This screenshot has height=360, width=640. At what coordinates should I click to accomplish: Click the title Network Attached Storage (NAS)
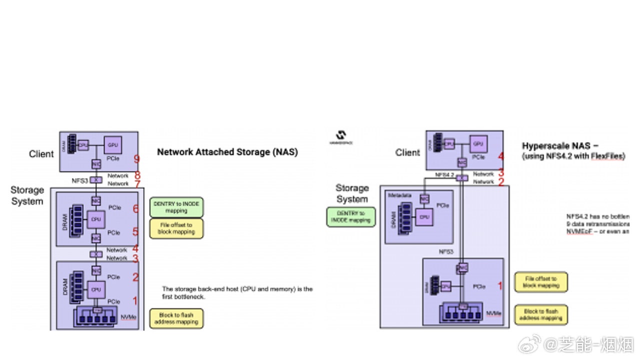tap(227, 152)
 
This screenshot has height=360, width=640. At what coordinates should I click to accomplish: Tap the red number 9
tap(136, 160)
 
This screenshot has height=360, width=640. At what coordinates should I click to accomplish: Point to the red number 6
tap(135, 208)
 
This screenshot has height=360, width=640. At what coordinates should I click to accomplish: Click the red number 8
tap(136, 175)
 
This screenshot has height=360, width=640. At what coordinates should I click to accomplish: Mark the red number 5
tap(135, 232)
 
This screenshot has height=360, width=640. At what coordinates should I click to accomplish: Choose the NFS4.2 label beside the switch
tap(444, 175)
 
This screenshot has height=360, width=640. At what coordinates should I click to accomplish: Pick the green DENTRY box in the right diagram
tap(350, 216)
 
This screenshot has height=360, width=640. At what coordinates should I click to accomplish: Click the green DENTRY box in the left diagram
tap(176, 207)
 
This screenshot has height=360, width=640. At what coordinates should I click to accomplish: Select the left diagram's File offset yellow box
tap(176, 228)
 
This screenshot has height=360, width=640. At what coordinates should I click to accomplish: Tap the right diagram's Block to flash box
tap(541, 314)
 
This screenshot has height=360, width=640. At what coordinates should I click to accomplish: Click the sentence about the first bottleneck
tap(237, 292)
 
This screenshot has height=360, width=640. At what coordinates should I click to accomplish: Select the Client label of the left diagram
tap(41, 154)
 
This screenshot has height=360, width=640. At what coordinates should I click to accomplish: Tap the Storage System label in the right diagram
tap(351, 193)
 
